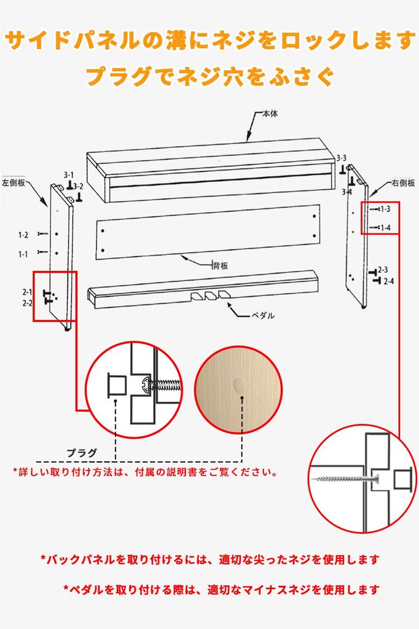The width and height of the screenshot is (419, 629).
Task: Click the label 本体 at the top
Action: pyautogui.click(x=270, y=114)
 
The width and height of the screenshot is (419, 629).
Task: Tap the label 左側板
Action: pyautogui.click(x=13, y=182)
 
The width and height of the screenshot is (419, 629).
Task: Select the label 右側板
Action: pyautogui.click(x=403, y=182)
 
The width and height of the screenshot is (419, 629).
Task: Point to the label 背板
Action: pyautogui.click(x=221, y=265)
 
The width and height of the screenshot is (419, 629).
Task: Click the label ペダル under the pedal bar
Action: pyautogui.click(x=262, y=315)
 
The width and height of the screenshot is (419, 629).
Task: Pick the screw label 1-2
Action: pyautogui.click(x=23, y=235)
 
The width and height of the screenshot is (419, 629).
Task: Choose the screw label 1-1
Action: pyautogui.click(x=23, y=253)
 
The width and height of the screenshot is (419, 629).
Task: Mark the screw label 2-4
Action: pyautogui.click(x=389, y=281)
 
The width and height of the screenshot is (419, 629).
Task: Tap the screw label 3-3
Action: pyautogui.click(x=340, y=158)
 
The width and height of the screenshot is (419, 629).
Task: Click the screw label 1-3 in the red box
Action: pyautogui.click(x=385, y=209)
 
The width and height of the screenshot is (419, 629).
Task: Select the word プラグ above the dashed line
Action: pyautogui.click(x=82, y=453)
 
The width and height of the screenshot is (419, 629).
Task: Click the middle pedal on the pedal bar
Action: pyautogui.click(x=211, y=296)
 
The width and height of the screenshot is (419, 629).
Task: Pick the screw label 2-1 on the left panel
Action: pyautogui.click(x=28, y=292)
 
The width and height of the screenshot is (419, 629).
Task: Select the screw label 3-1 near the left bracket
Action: pyautogui.click(x=68, y=174)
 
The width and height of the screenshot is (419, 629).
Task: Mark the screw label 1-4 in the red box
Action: pyautogui.click(x=385, y=228)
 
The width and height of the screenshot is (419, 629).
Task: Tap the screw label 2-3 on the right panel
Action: pyautogui.click(x=382, y=270)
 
